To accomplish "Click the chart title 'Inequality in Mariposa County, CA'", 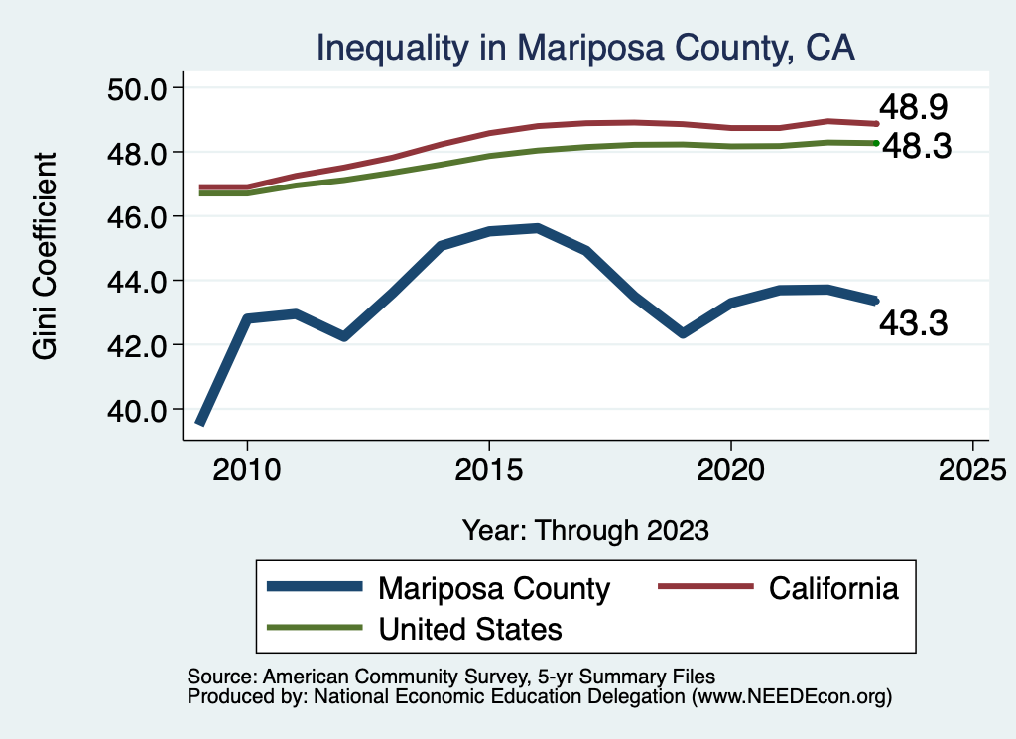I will tap(584, 47).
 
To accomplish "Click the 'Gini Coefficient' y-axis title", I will tap(45, 256).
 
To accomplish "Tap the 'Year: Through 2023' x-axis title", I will tap(585, 530).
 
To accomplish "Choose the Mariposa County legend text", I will tap(493, 588).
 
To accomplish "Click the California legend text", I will tap(833, 588).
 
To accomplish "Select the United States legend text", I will tap(469, 628).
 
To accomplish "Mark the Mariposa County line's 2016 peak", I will tap(537, 228).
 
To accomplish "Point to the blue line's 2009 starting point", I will tap(200, 422).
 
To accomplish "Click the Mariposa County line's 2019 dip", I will tap(682, 332).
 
